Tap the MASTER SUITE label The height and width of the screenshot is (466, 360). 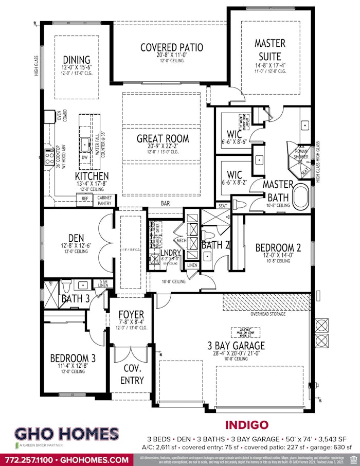[270, 49]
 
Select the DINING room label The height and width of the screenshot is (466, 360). [77, 60]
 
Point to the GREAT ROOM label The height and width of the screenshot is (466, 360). [163, 138]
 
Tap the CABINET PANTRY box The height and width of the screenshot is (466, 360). [105, 200]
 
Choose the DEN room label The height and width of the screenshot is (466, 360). [76, 238]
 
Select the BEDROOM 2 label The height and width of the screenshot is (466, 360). [278, 248]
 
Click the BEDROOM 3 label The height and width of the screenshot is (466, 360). [73, 358]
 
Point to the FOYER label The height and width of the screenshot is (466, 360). [131, 315]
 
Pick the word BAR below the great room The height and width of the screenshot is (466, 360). [165, 204]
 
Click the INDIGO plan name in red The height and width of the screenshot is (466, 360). [246, 425]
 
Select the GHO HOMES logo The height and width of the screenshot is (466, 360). [66, 435]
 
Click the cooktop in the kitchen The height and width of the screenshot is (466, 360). [50, 155]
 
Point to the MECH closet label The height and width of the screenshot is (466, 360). [181, 240]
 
